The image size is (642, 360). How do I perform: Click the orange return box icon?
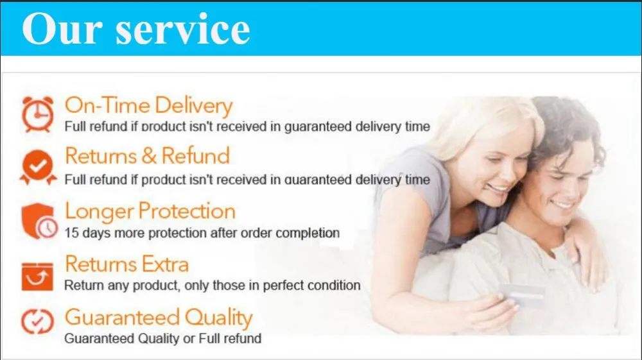pos(38,275)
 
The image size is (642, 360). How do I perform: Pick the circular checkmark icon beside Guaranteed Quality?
pos(38,321)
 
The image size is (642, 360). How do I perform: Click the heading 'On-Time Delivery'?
pos(148,105)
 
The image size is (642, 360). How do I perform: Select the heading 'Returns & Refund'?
pos(147,156)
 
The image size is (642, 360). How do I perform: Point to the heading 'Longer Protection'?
pos(150,211)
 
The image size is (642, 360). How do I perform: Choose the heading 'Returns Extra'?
pos(126,264)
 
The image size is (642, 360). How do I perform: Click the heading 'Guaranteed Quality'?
pos(159,318)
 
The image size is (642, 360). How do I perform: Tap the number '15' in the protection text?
pos(72,232)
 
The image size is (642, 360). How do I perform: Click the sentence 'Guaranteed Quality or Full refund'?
pos(162,338)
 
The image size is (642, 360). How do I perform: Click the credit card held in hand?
pos(523,296)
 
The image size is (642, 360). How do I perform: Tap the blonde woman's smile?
pos(498,188)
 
